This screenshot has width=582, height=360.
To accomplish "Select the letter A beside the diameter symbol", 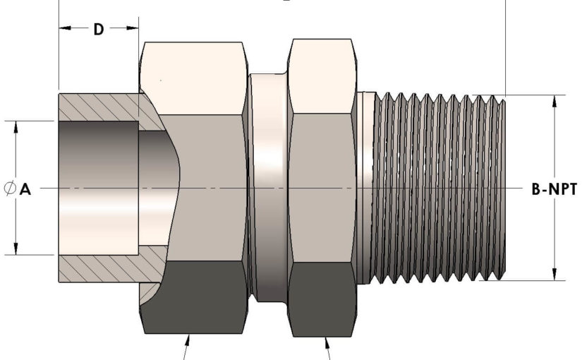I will (25, 189).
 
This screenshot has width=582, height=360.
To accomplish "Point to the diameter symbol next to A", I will (10, 189).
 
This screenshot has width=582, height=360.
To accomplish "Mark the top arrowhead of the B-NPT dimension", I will (555, 100).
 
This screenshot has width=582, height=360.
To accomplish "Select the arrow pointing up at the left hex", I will (188, 342).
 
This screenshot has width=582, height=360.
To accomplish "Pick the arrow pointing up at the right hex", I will (327, 342).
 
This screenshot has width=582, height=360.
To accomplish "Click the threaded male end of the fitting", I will (437, 187).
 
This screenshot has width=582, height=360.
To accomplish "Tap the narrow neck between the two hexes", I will (269, 187).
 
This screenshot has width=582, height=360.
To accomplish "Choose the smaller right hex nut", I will (323, 187).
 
